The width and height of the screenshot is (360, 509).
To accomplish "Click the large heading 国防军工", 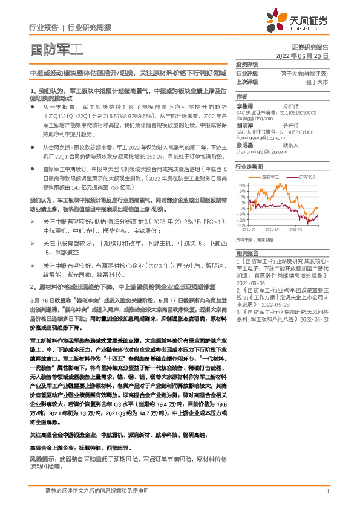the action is click(56, 50).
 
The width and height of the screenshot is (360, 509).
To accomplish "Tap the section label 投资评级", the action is click(247, 64).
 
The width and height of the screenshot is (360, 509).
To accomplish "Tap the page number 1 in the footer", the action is click(327, 491).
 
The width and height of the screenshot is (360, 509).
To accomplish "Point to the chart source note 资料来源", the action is click(244, 239).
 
